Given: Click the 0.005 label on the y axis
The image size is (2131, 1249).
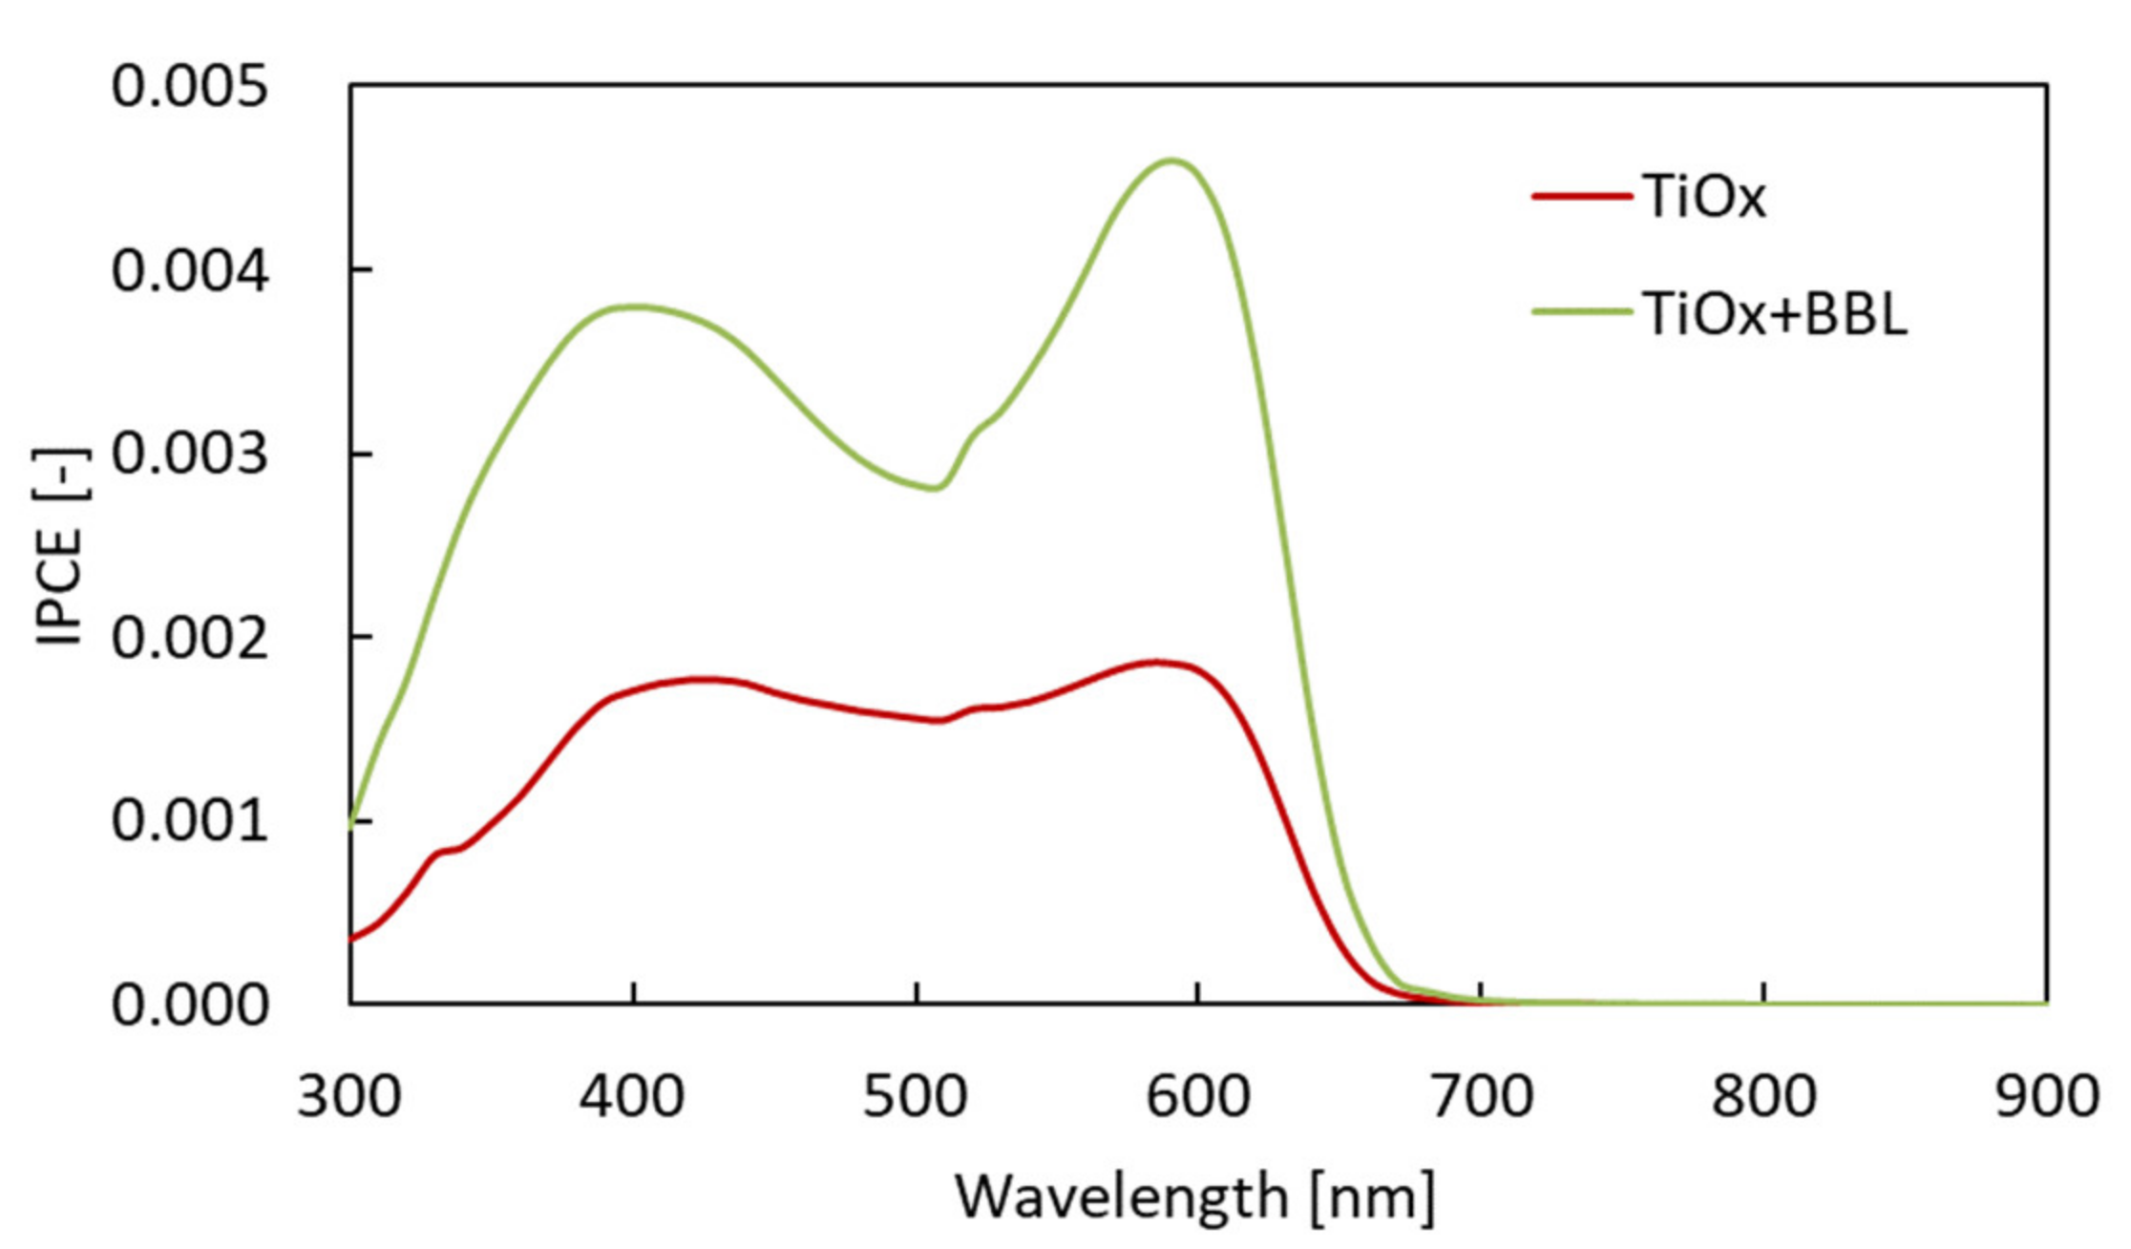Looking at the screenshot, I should (190, 88).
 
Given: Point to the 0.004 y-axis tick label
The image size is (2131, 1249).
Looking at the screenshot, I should (190, 271).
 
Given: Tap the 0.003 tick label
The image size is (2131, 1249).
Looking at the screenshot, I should (190, 455).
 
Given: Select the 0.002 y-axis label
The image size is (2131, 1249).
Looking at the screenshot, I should (190, 638).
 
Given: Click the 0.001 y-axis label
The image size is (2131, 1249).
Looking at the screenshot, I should (190, 821).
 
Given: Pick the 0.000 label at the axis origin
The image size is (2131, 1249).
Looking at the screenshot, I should (190, 1006).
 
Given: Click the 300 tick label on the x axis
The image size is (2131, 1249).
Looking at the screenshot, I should (348, 1096).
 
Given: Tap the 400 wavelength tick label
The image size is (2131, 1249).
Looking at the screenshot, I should (632, 1096).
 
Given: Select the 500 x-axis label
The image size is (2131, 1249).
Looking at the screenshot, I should (916, 1096).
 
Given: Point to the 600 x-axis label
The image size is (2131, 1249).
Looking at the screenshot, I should (1198, 1096).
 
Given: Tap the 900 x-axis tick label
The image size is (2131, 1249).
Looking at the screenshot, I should (2046, 1096).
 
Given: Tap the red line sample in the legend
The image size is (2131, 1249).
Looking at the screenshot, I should (1581, 197).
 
